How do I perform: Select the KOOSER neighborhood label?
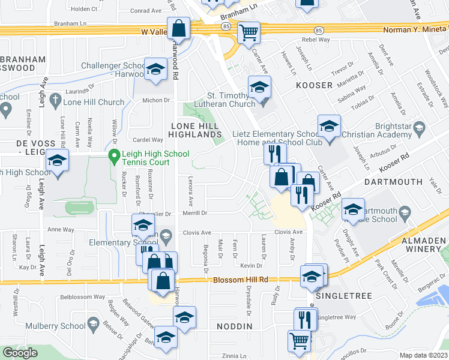pos(314,85)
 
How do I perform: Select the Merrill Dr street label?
pos(194,213)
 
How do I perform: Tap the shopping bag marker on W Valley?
pos(179,27)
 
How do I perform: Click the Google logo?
pos(20,353)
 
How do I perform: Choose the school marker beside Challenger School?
pos(155,69)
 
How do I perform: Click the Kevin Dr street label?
pos(252,265)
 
